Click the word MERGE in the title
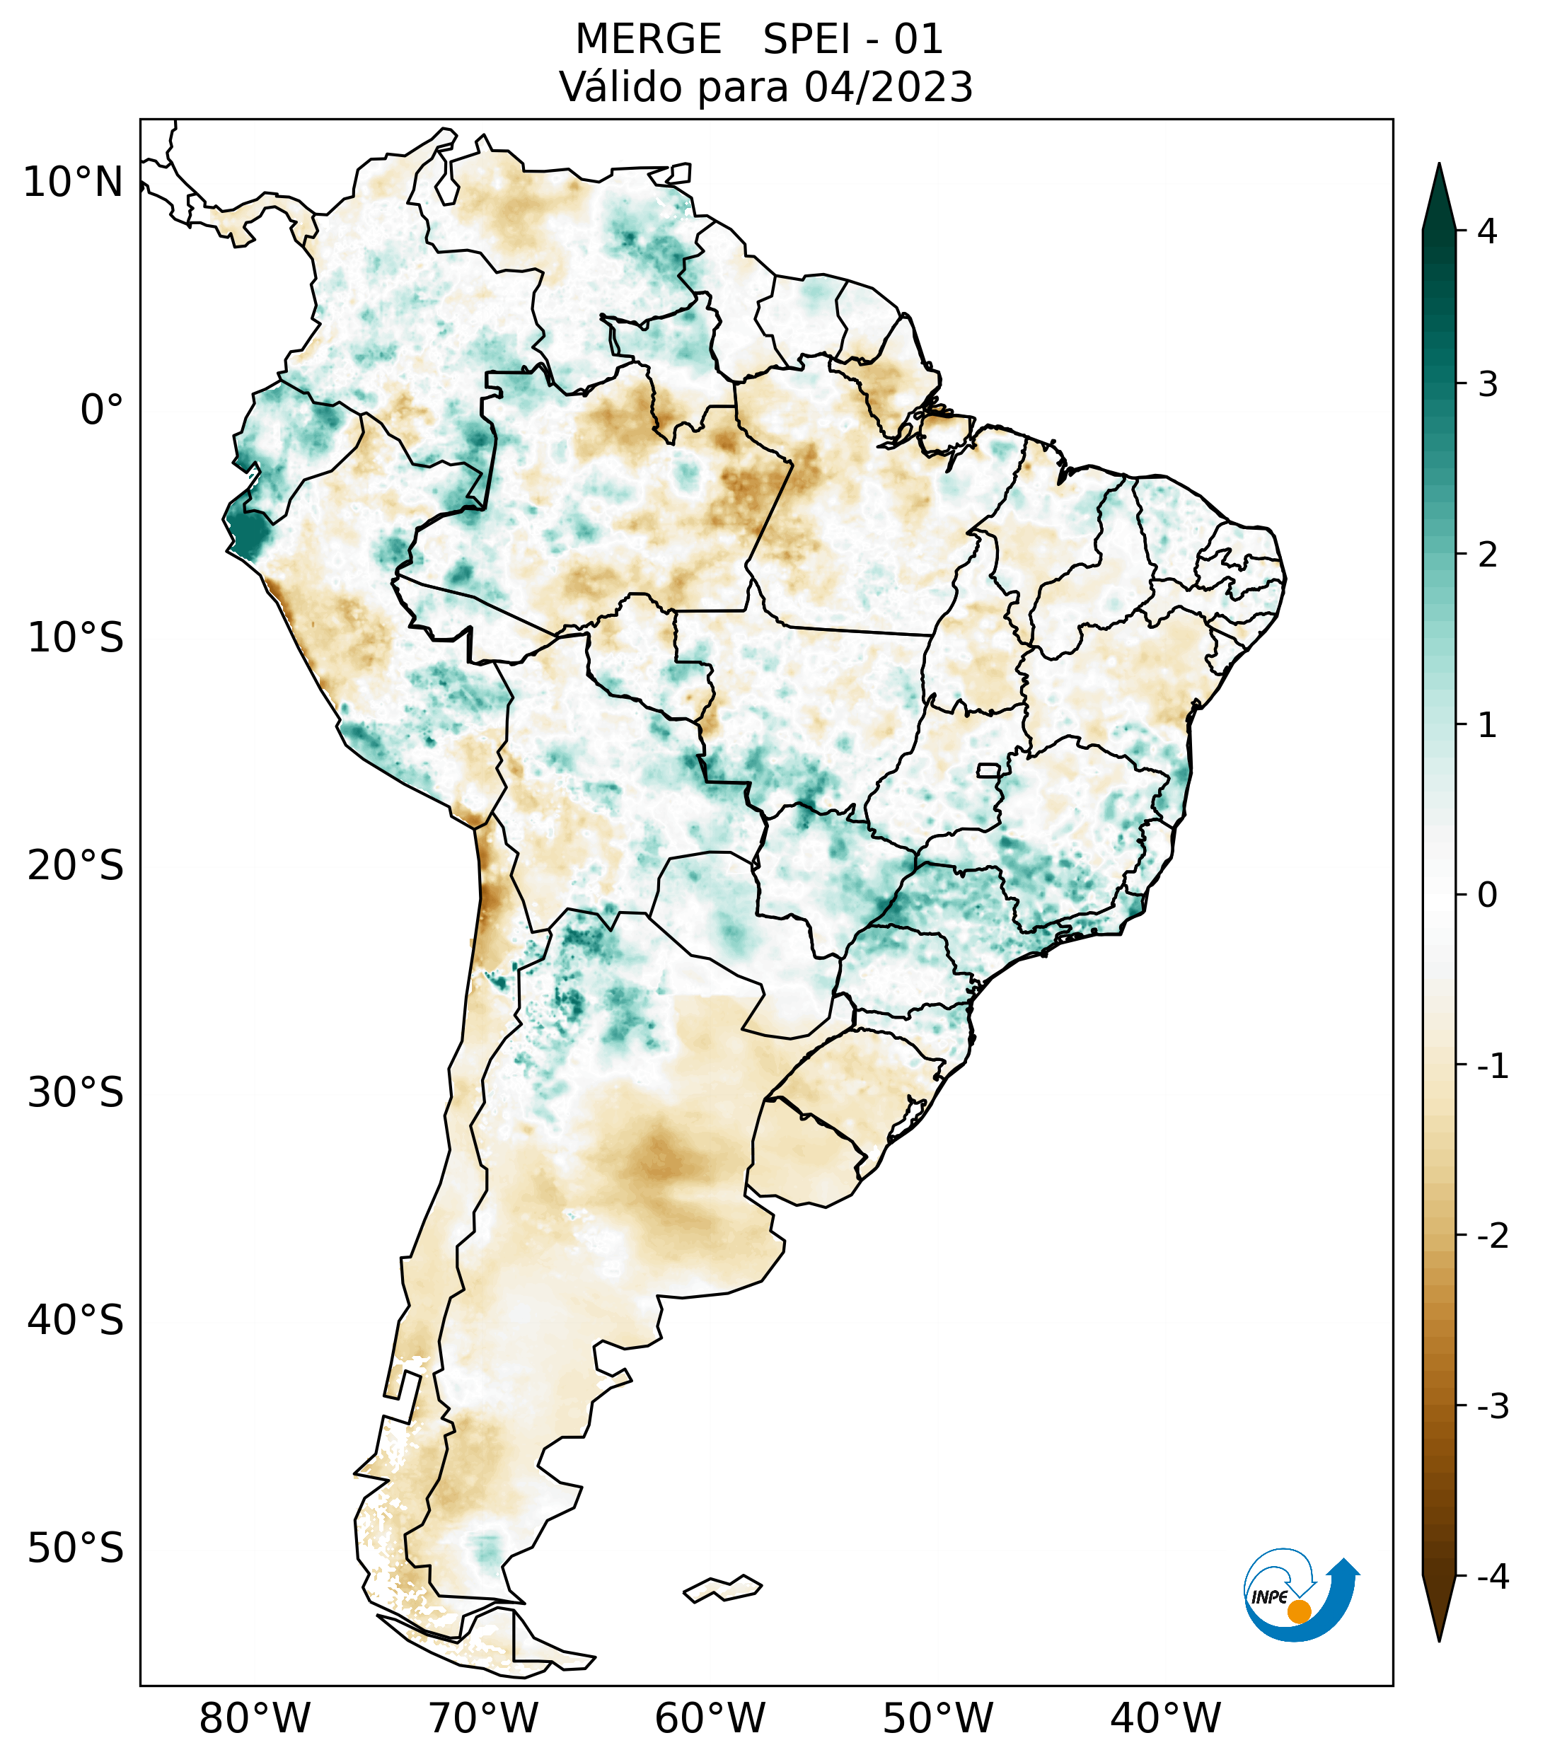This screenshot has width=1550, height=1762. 648,40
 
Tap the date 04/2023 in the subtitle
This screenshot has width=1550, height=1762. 888,87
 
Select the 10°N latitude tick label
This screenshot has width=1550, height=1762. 74,182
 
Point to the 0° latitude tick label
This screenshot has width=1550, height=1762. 102,410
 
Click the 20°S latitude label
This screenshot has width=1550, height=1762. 76,866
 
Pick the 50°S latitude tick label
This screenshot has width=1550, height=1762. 76,1548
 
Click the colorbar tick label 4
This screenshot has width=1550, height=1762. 1487,231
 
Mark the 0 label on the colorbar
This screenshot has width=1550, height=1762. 1487,895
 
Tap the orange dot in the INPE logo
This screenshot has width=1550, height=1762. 1299,1611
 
